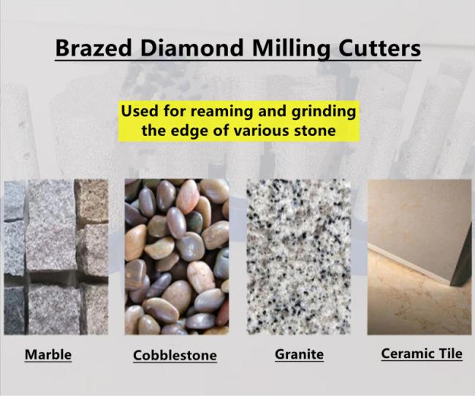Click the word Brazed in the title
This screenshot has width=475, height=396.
(94, 48)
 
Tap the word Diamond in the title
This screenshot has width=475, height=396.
(192, 48)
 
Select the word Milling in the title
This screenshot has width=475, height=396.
(291, 49)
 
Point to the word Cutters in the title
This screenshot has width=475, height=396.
(379, 48)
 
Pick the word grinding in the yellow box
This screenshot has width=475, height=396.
(324, 112)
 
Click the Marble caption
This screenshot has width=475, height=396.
(48, 354)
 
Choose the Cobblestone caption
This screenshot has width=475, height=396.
(175, 355)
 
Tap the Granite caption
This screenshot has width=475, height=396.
(300, 354)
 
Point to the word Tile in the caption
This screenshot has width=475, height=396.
(447, 354)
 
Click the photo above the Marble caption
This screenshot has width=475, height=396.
(56, 257)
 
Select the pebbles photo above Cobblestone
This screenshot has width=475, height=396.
(177, 257)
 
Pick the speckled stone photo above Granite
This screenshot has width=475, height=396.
(299, 257)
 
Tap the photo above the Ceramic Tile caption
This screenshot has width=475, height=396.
(419, 257)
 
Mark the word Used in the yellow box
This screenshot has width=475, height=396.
(140, 111)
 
